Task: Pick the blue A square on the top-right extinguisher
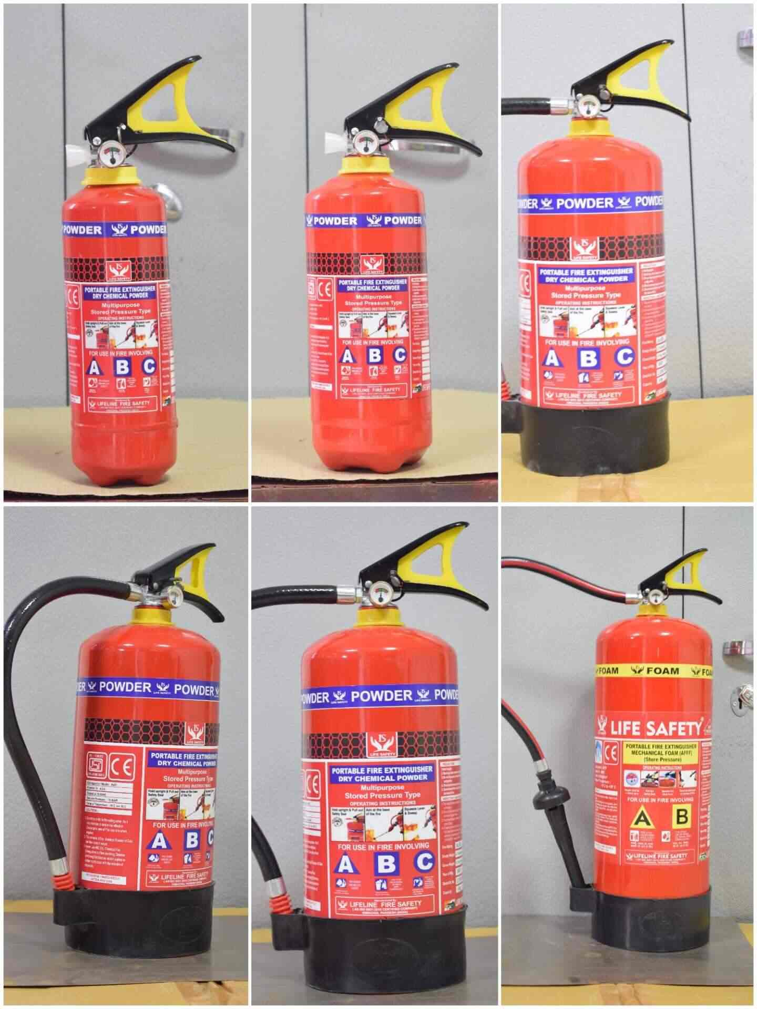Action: (x=551, y=357)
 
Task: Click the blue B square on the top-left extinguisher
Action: (x=122, y=366)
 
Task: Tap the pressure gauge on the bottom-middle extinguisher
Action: (x=379, y=594)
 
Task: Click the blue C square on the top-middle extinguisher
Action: (x=400, y=355)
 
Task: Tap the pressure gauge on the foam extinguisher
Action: (x=656, y=596)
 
